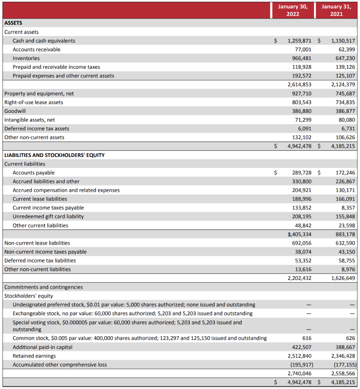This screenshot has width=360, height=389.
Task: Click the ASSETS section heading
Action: (x=13, y=23)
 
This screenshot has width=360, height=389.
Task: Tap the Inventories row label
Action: (x=26, y=58)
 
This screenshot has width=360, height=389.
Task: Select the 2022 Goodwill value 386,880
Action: (x=303, y=111)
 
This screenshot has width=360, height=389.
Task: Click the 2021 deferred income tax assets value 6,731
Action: (x=348, y=128)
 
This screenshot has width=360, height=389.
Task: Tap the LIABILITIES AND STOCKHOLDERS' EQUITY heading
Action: (x=54, y=155)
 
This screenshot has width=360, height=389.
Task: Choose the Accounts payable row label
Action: (x=33, y=172)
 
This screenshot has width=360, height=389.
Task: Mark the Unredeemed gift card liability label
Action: (x=48, y=217)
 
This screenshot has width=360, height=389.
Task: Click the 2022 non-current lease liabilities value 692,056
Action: (x=303, y=243)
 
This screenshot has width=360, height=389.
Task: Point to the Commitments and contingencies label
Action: (x=43, y=287)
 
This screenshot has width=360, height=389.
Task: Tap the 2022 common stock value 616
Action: (x=307, y=338)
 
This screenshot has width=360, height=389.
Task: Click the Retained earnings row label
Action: (x=34, y=356)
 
